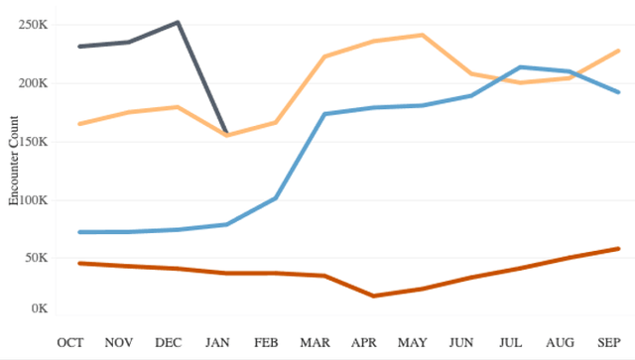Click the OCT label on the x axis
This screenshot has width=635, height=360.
click(x=70, y=342)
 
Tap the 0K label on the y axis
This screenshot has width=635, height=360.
click(x=39, y=308)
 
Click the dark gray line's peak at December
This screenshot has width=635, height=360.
click(x=178, y=22)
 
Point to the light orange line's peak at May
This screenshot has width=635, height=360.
click(x=423, y=35)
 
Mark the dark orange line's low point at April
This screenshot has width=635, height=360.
click(x=373, y=296)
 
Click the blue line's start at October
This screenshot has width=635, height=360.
click(x=78, y=232)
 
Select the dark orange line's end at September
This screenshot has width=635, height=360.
click(x=618, y=248)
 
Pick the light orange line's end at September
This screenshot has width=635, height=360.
click(x=618, y=51)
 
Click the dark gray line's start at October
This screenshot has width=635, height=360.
click(x=78, y=47)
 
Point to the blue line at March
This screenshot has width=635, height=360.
click(x=324, y=114)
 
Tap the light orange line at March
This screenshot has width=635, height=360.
click(x=324, y=58)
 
